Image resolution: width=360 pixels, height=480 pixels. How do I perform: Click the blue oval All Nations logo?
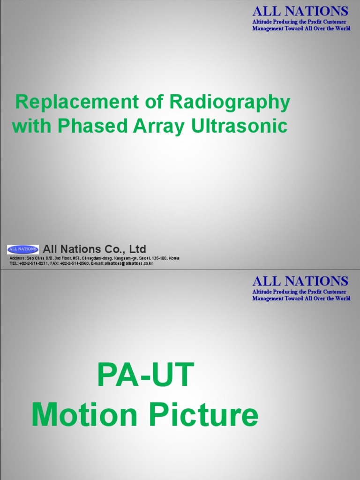[x=22, y=249]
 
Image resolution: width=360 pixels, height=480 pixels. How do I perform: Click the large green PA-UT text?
[x=145, y=375]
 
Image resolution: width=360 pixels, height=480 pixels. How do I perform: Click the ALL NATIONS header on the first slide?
[x=300, y=11]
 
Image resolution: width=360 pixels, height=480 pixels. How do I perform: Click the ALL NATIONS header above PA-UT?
[x=300, y=281]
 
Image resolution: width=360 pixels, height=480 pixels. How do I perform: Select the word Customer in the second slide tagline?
[x=331, y=292]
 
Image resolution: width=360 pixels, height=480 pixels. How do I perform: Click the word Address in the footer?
[x=17, y=258]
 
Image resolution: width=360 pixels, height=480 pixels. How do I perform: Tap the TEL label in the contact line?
[x=14, y=263]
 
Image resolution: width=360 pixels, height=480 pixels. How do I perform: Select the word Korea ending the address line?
[x=173, y=258]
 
